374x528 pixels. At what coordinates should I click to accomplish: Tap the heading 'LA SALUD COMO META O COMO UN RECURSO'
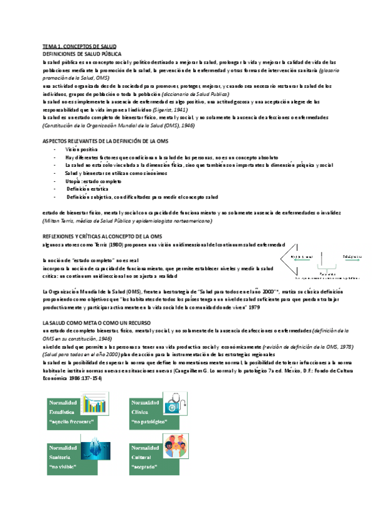pos(91,323)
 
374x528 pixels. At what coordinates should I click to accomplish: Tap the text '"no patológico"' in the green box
pos(146,422)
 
